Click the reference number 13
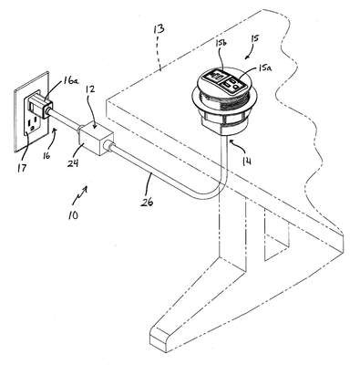tap(159, 29)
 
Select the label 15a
tap(265, 68)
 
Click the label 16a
tap(70, 81)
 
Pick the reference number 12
tap(90, 89)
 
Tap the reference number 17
tap(22, 167)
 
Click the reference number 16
tap(46, 156)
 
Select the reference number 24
tap(73, 163)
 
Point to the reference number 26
tap(147, 202)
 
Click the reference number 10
tap(73, 214)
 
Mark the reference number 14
tap(247, 161)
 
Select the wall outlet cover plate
tap(31, 112)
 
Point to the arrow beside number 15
tap(251, 54)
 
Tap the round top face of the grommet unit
tap(224, 80)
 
